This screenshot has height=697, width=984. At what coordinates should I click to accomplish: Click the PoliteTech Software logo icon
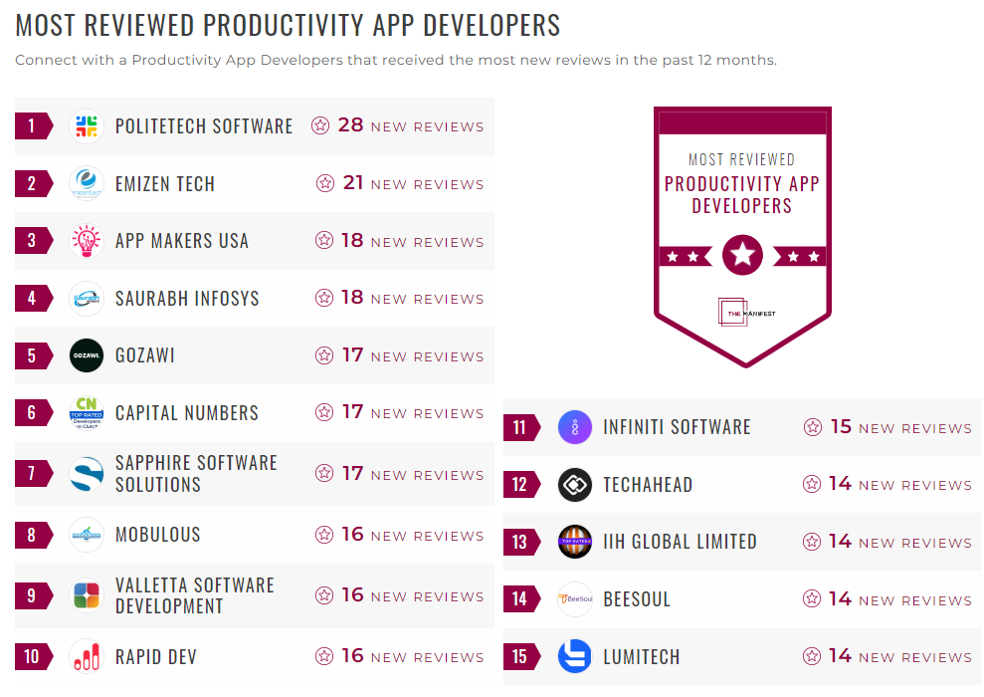tap(87, 126)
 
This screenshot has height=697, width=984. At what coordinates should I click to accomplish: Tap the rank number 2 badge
tap(32, 184)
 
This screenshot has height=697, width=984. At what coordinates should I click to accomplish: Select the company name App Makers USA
tap(182, 241)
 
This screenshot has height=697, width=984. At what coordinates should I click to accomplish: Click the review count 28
tap(350, 125)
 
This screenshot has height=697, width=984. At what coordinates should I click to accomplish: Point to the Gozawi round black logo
tap(87, 355)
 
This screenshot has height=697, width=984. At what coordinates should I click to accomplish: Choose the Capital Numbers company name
tap(187, 413)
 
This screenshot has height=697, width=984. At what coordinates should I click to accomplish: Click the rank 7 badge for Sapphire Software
tap(32, 474)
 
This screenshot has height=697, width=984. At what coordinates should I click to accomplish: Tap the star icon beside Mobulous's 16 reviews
tap(324, 535)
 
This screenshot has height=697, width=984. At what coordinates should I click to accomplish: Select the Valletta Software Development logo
tap(87, 595)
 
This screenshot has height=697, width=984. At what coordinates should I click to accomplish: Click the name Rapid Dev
tap(156, 657)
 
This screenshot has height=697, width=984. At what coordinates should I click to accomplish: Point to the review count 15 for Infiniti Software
tap(841, 427)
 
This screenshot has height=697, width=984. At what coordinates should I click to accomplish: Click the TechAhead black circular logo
tap(575, 485)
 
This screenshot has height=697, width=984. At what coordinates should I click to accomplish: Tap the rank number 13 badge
tap(519, 543)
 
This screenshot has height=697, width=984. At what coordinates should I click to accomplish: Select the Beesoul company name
tap(637, 599)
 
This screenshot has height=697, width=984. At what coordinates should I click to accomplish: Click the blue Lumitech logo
tap(575, 657)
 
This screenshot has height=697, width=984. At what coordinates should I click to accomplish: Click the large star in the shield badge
tap(742, 255)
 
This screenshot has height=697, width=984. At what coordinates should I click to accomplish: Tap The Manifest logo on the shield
tap(742, 313)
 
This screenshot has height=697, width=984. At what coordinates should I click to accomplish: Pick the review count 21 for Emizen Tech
tap(352, 183)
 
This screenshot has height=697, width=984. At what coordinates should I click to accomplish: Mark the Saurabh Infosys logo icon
tap(87, 298)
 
